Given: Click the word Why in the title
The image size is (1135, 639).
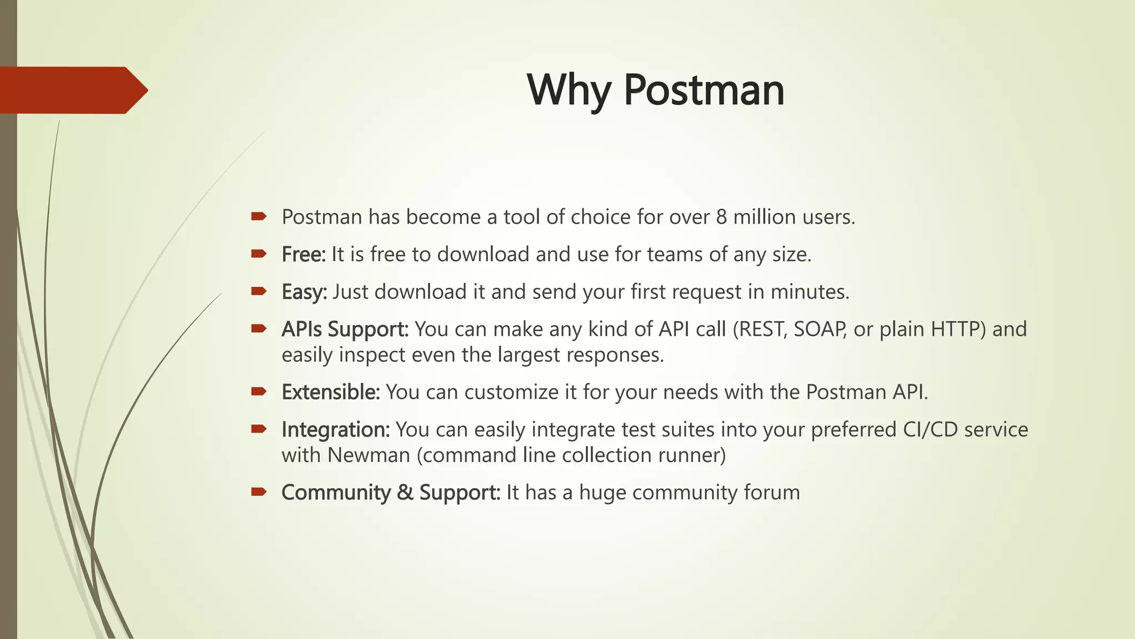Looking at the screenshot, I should click(569, 90).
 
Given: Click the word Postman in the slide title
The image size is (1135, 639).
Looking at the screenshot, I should click(704, 90).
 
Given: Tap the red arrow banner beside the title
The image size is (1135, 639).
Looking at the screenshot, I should click(72, 90).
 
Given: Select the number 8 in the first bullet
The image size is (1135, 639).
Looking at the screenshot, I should click(721, 217).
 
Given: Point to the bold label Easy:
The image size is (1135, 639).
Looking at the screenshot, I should click(304, 292).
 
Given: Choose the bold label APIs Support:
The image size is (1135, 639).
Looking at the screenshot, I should click(345, 329).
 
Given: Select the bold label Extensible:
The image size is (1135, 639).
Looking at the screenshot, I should click(330, 392).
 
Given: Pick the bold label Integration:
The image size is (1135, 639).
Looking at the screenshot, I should click(336, 430).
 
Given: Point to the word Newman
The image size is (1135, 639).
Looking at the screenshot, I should click(369, 455).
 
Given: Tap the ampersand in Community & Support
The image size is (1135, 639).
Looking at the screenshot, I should click(405, 493).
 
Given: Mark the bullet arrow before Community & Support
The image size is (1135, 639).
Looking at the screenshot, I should click(259, 491).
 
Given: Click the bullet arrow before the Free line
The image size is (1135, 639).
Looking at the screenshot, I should click(259, 254).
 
